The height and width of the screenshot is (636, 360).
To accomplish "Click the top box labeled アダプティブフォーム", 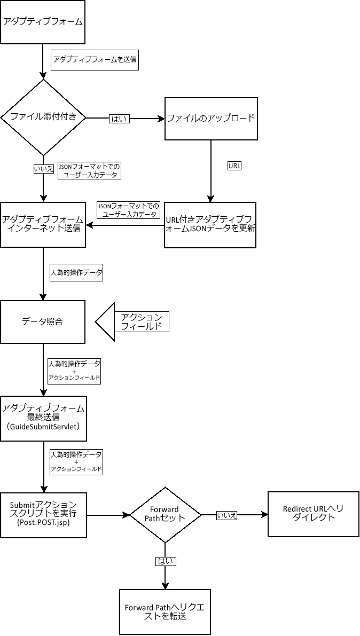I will click(x=43, y=22).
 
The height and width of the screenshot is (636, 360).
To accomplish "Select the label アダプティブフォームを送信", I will click(x=95, y=59).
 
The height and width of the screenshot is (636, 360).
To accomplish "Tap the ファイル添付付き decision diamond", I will click(x=43, y=117).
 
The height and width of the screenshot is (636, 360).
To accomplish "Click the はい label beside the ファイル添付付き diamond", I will click(x=119, y=119).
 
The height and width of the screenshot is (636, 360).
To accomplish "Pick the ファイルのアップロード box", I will click(x=211, y=119).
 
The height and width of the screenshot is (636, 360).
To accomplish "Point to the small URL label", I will click(x=234, y=166).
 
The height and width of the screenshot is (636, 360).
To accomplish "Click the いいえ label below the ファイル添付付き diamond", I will click(x=43, y=169).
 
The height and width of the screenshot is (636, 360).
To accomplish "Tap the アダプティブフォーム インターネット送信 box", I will click(x=43, y=224).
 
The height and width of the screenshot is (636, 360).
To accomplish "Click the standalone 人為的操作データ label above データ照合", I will click(x=76, y=272).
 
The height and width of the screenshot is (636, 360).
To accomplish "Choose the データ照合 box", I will click(x=43, y=321).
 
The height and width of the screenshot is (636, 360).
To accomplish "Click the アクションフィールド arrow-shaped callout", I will click(x=134, y=321).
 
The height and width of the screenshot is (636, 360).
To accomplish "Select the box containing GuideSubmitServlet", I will click(x=43, y=418).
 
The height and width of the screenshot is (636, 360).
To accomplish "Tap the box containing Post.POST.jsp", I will click(x=43, y=515).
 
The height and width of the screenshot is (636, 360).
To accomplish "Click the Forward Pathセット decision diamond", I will click(x=165, y=515).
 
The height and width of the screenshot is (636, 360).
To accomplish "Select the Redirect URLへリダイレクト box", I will click(x=314, y=514).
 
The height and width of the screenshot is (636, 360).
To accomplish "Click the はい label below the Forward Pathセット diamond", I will click(x=165, y=561).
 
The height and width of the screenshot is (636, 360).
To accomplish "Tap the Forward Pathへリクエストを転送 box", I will click(x=165, y=612).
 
